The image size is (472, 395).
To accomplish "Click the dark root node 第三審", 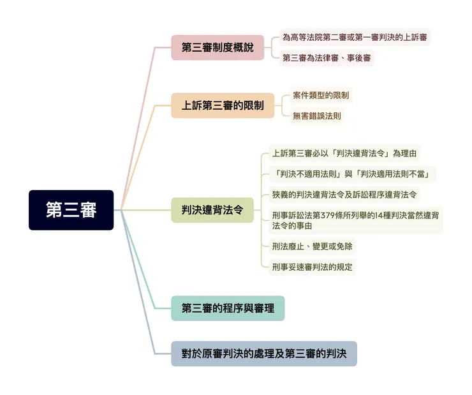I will click(x=71, y=210).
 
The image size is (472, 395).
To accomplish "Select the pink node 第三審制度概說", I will click(x=218, y=47).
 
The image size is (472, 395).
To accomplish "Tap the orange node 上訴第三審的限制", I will click(x=223, y=105).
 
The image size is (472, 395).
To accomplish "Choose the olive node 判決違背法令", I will click(x=212, y=210).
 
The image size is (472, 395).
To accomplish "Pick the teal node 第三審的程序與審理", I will click(x=228, y=308).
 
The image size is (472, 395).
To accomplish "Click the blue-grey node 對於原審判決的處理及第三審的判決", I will click(x=264, y=354).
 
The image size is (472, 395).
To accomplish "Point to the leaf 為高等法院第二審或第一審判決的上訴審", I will click(x=355, y=37).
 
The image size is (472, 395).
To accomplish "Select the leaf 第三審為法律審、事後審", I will click(x=327, y=58).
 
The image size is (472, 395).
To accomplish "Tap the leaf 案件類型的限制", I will click(x=321, y=96).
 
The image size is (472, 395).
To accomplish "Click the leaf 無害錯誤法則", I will click(x=316, y=116).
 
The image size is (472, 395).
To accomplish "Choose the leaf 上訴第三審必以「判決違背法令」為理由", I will click(x=344, y=153).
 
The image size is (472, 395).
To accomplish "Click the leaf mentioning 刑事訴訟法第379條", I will click(x=355, y=220).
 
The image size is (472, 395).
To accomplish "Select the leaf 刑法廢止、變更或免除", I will click(x=312, y=246).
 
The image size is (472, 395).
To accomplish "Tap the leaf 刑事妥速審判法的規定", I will click(x=312, y=267).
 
